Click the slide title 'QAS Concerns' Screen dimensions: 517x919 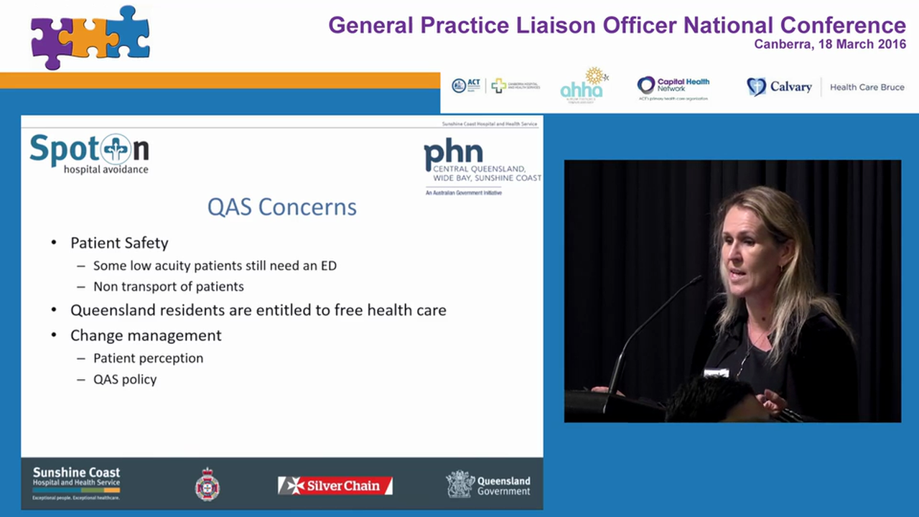(x=281, y=207)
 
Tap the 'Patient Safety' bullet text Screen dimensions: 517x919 (x=119, y=243)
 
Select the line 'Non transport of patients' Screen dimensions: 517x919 (x=168, y=287)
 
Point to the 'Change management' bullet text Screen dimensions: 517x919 (x=146, y=335)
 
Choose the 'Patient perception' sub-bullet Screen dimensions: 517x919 (x=148, y=358)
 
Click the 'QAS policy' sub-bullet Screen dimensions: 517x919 (x=125, y=379)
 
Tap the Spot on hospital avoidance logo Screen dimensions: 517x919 (x=89, y=152)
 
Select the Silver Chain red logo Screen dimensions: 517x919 (x=335, y=485)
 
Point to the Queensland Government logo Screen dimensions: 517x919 (x=488, y=485)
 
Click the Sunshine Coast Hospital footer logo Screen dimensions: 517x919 (x=76, y=483)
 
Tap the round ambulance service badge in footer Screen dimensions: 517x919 (x=207, y=485)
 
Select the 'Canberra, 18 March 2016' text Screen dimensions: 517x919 (x=829, y=45)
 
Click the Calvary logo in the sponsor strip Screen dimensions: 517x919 (x=779, y=87)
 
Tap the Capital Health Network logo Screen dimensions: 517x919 (x=673, y=87)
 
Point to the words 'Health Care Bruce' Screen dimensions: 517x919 (x=867, y=87)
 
